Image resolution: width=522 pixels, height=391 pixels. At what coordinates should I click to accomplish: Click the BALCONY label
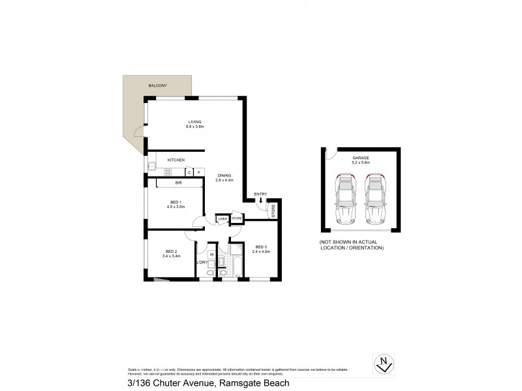point(158,85)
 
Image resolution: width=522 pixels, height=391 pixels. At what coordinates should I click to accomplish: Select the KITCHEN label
point(176,160)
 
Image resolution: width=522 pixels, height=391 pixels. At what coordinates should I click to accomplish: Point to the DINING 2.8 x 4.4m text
point(224,177)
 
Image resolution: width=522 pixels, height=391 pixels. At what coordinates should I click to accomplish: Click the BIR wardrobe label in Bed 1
point(178,184)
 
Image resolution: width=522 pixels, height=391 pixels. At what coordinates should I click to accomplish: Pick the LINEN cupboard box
point(223,219)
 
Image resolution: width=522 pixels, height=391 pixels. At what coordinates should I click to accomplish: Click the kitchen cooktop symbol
point(167,172)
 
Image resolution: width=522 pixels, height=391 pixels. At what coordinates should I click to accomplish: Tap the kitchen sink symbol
point(151,166)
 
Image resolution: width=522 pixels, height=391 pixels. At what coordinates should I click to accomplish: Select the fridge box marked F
point(198,172)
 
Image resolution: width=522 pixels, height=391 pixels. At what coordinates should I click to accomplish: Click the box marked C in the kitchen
point(189,172)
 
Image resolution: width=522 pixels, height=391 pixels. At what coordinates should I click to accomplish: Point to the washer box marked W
point(212,254)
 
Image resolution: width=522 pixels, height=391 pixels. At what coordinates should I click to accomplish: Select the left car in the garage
point(345,199)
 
